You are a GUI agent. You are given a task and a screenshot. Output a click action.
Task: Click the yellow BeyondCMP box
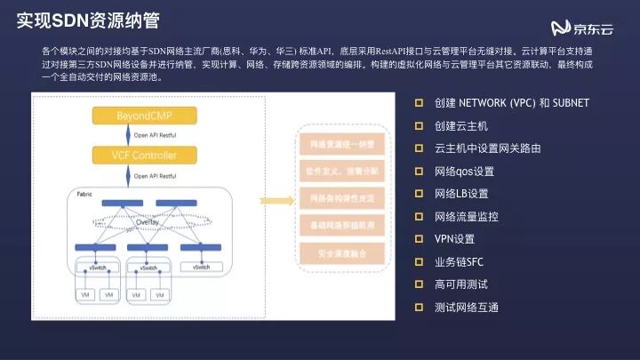(147, 116)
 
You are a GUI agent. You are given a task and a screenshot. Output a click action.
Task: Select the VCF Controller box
(147, 156)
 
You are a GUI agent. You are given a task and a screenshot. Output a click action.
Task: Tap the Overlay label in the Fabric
(148, 223)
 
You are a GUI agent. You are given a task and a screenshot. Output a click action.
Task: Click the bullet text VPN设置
(455, 239)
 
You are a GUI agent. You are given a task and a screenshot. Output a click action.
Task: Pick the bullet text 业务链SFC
(460, 262)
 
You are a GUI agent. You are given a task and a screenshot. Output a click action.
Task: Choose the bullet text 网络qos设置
(464, 171)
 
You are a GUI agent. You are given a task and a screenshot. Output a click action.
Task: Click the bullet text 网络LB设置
(461, 194)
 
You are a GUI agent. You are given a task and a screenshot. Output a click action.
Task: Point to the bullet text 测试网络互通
(467, 308)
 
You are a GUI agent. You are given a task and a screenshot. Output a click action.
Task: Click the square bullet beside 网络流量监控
(419, 216)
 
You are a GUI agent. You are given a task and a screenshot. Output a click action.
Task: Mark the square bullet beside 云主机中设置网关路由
(419, 148)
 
